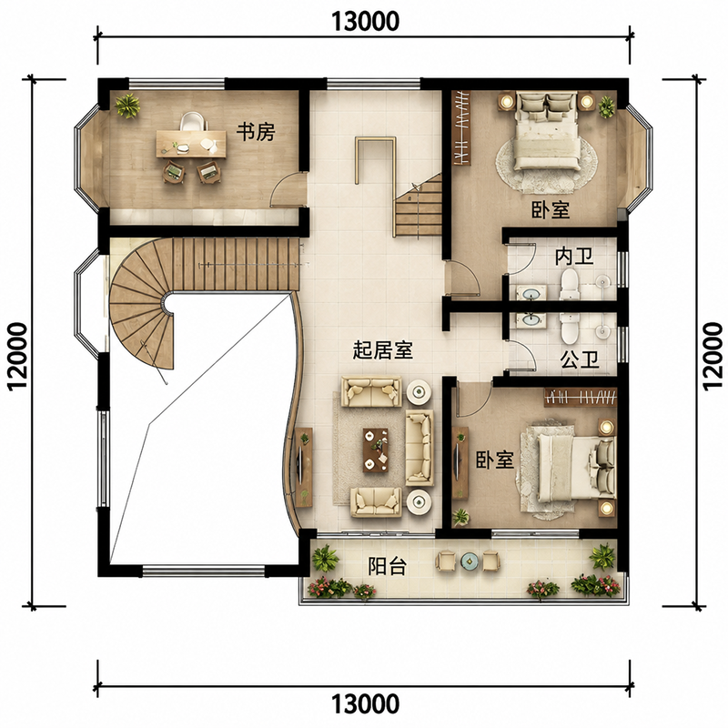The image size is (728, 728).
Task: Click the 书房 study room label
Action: [x=256, y=132]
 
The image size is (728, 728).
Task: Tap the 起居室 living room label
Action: [x=382, y=349]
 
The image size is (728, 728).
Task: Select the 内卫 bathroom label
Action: [x=574, y=256]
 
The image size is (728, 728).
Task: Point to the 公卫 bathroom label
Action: [x=580, y=359]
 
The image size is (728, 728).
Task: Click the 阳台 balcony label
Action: [x=388, y=566]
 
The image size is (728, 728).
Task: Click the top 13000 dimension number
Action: [x=365, y=21]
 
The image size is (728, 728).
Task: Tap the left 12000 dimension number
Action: [x=17, y=357]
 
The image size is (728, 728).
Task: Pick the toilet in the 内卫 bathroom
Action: [x=569, y=285]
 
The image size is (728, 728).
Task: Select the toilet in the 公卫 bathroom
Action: [x=569, y=328]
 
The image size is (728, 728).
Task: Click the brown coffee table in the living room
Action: [x=375, y=450]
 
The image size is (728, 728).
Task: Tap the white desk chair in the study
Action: [x=194, y=122]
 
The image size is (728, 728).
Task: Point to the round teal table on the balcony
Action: [x=469, y=561]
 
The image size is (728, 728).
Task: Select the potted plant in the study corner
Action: [x=127, y=106]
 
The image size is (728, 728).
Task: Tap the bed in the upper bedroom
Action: [x=547, y=131]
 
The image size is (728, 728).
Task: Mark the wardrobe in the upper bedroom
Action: [x=461, y=127]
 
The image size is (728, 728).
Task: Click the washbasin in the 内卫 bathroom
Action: [x=531, y=293]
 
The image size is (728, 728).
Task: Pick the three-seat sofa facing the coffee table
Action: [x=420, y=448]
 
